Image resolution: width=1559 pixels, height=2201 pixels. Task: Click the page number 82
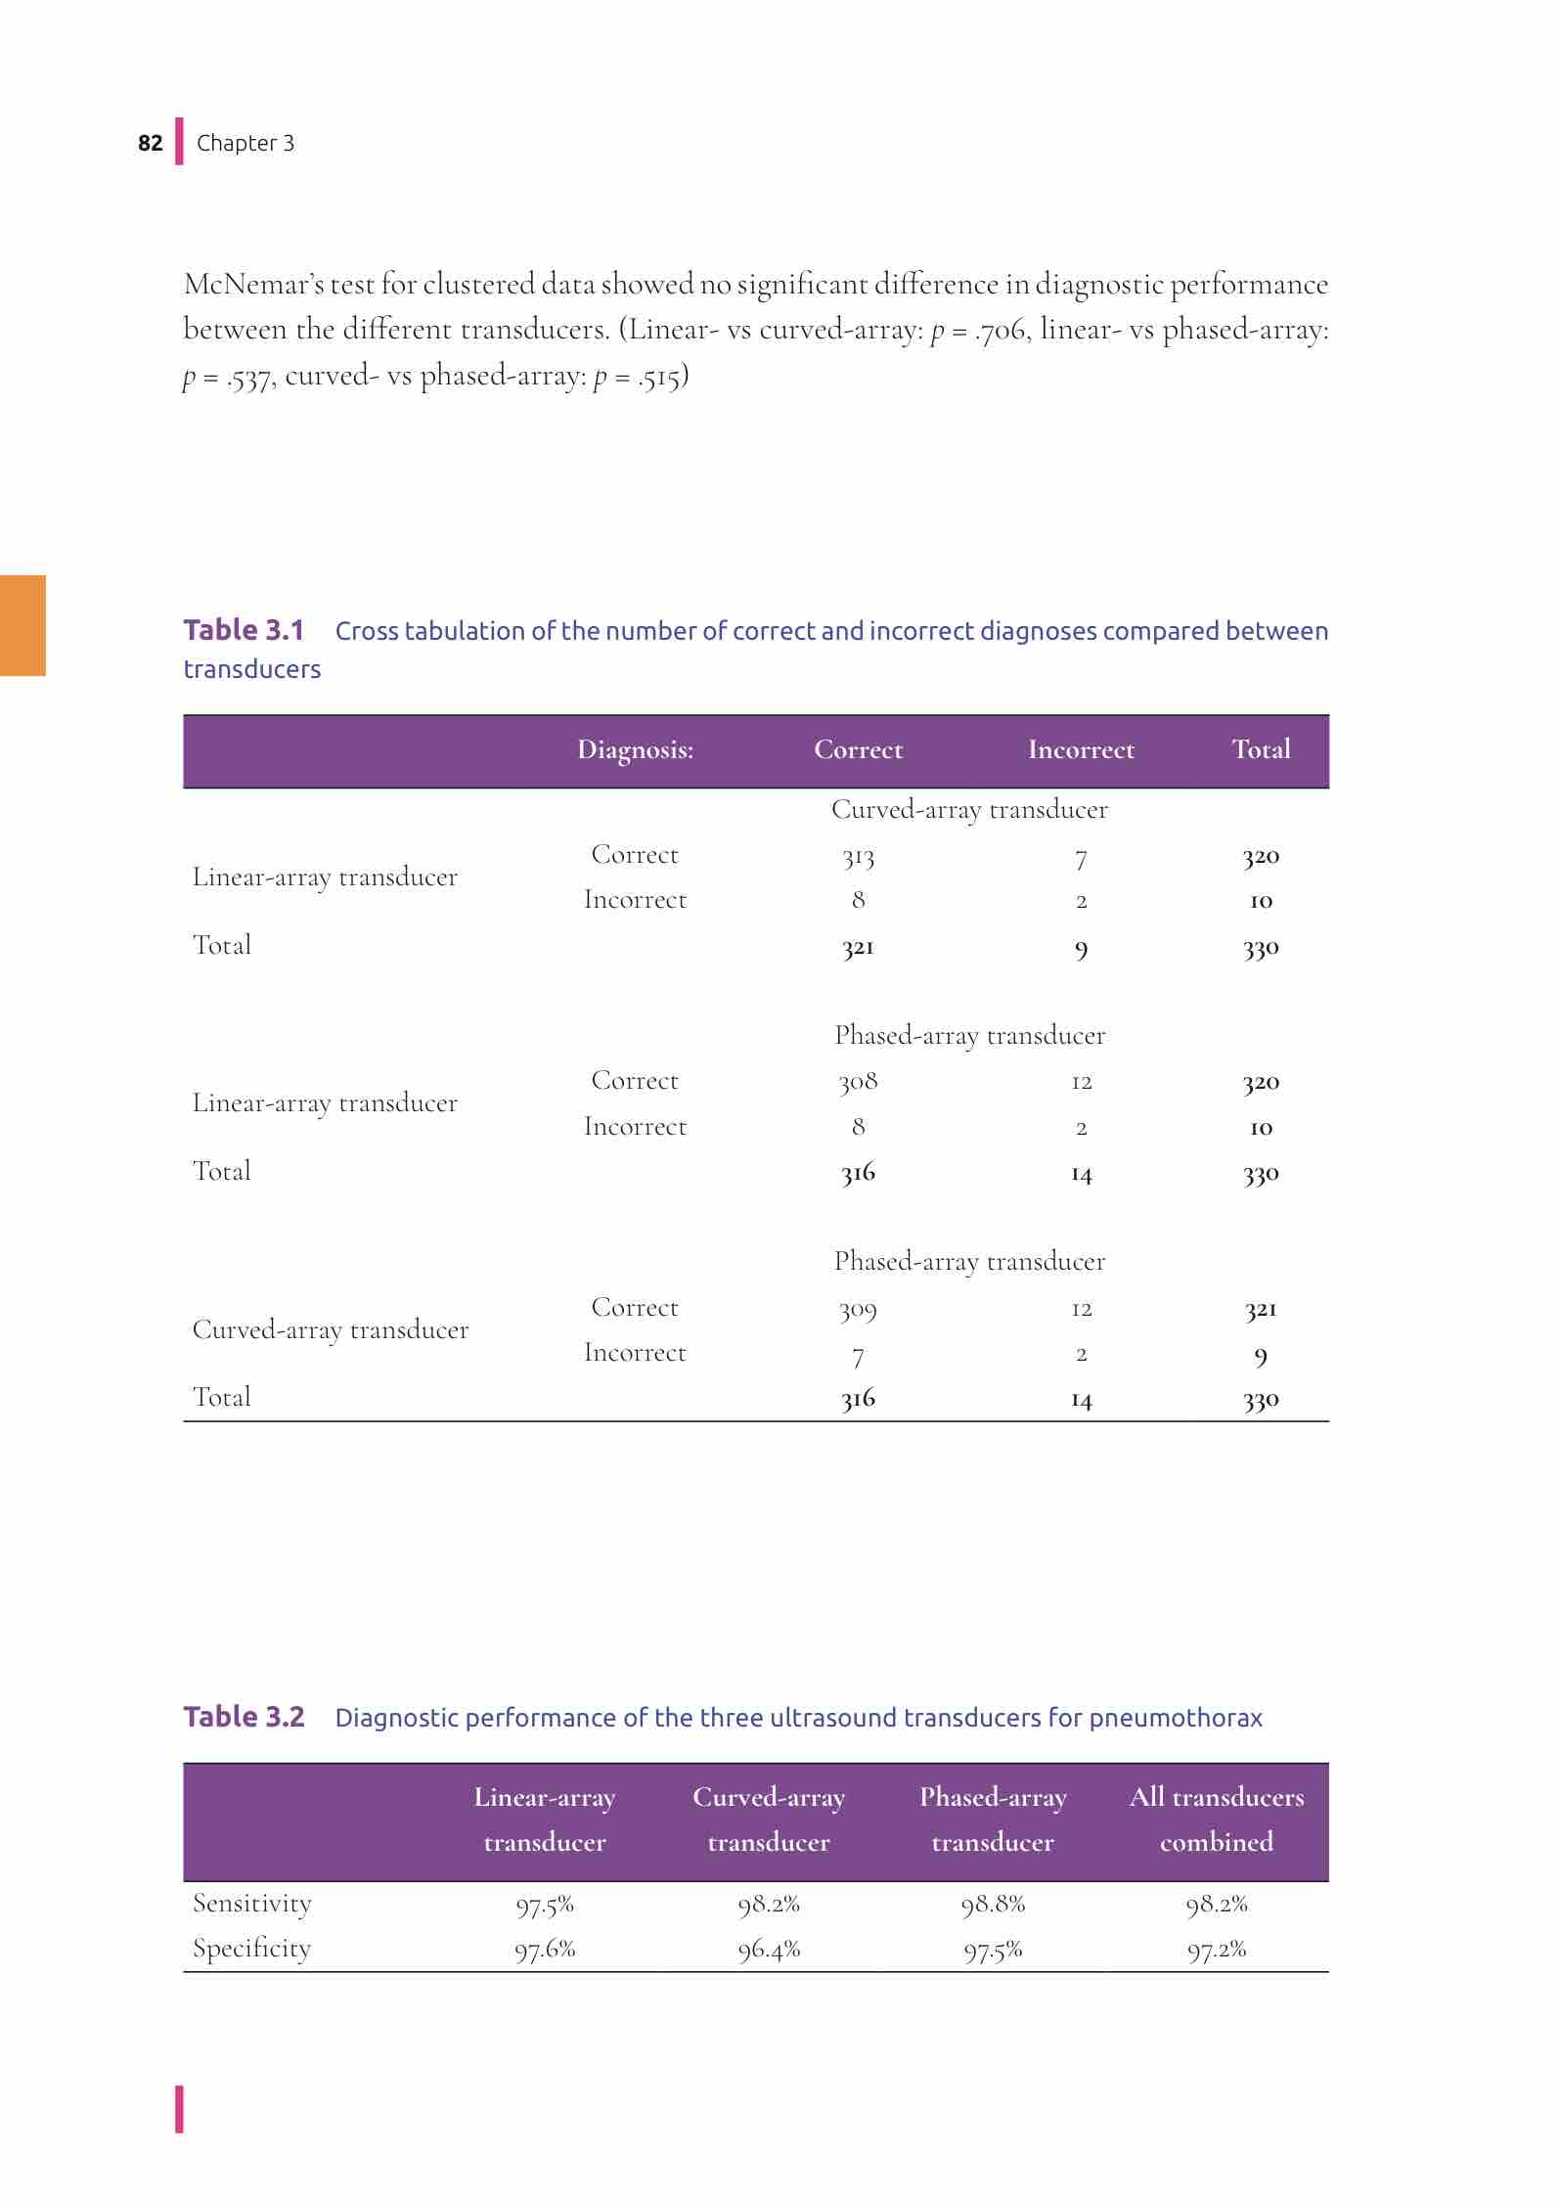click(150, 143)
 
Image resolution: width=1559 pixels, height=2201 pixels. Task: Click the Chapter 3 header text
click(245, 143)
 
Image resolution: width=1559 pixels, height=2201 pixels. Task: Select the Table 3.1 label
click(244, 630)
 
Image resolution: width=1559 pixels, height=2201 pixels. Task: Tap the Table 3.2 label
click(244, 1717)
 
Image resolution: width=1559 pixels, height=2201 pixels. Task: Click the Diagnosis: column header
click(635, 750)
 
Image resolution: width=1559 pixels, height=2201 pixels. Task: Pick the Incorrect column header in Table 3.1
click(1081, 750)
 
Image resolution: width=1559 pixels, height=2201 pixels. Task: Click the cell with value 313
click(858, 857)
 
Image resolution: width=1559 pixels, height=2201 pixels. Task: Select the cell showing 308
click(858, 1082)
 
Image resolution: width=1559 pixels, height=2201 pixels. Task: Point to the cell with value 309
click(858, 1309)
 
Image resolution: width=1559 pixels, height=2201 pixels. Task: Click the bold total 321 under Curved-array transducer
click(858, 947)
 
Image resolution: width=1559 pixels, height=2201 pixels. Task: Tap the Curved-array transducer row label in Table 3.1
click(331, 1330)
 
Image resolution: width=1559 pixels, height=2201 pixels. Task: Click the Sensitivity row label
click(252, 1903)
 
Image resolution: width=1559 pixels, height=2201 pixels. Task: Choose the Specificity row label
click(252, 1949)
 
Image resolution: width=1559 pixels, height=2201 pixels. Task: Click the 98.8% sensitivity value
click(993, 1904)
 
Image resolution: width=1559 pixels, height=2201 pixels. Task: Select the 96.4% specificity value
click(769, 1950)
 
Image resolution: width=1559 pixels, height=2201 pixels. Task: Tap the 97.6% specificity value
click(545, 1950)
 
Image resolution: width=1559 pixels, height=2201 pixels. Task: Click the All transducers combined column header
click(1217, 1819)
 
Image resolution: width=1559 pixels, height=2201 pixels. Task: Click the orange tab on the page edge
click(22, 625)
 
